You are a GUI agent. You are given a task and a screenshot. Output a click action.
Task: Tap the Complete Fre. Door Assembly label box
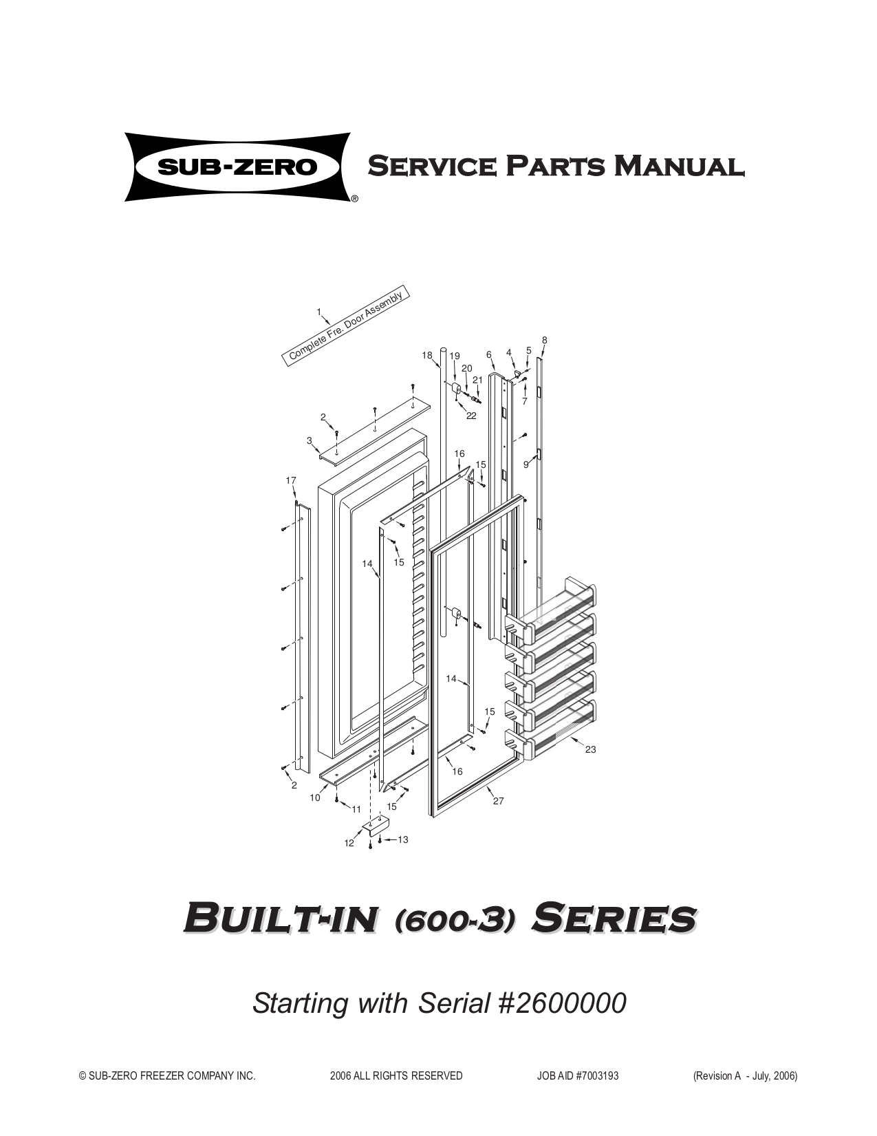347,324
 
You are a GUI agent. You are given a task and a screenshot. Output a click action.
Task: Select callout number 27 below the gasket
499,802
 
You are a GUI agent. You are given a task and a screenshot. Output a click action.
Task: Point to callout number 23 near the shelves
591,750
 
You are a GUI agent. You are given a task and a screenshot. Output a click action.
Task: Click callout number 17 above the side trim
291,480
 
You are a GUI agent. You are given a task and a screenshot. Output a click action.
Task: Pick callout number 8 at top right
545,340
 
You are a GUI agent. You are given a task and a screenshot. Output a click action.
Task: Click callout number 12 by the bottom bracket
349,844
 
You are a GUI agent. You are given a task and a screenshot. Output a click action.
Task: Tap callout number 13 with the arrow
403,839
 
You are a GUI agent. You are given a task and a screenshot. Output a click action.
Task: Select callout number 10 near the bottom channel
315,798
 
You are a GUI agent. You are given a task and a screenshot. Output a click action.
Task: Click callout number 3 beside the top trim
310,440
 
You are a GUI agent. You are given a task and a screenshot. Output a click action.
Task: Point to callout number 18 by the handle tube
427,356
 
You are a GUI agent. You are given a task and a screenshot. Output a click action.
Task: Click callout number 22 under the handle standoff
471,416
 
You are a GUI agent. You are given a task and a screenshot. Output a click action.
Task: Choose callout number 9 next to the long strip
526,465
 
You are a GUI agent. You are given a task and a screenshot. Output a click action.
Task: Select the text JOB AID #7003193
577,1076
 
